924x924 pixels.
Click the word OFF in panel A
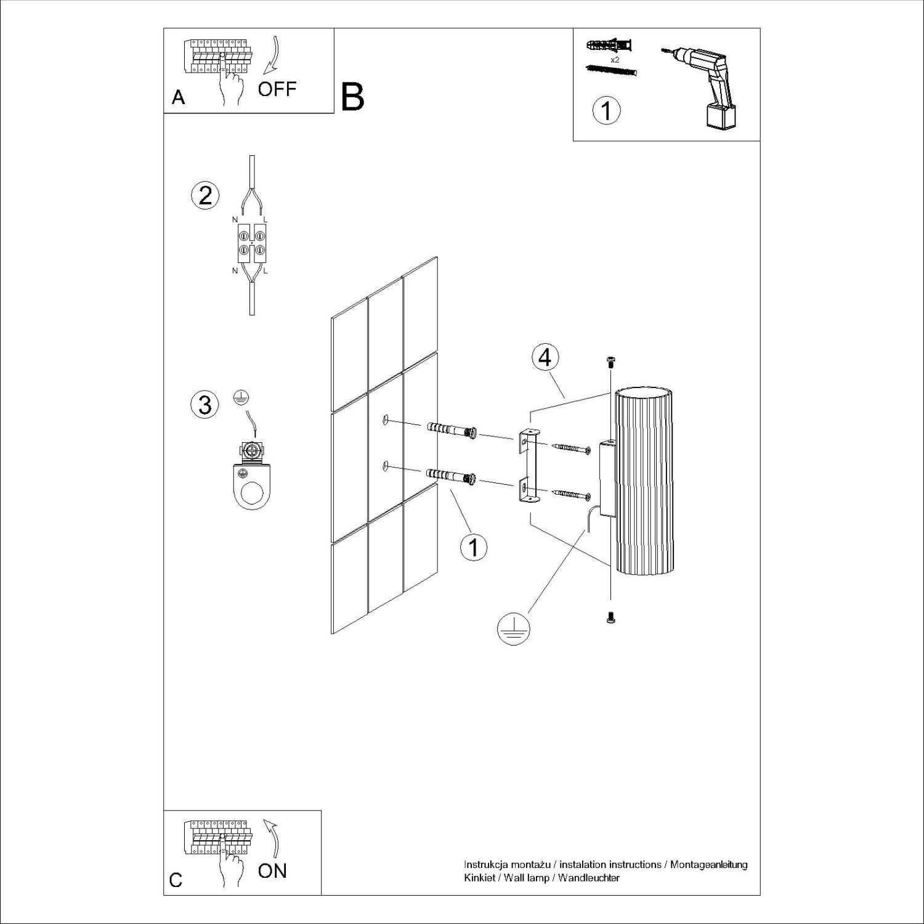[x=277, y=89]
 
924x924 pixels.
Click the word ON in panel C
[x=272, y=870]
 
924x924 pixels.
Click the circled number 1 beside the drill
[x=606, y=111]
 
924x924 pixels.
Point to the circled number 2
[x=205, y=195]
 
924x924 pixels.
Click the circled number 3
[x=205, y=405]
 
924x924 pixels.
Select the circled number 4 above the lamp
[x=545, y=358]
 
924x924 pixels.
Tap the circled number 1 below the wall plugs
[x=474, y=546]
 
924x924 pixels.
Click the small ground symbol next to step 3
[x=241, y=398]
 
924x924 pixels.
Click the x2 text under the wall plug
[x=614, y=60]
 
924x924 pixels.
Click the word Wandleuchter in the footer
[x=589, y=878]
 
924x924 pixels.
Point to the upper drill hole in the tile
[x=385, y=420]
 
